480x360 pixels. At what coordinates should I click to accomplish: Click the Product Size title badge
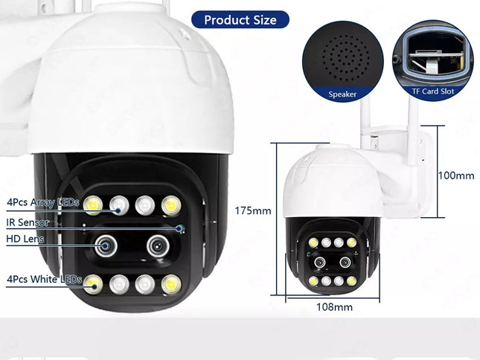(240, 19)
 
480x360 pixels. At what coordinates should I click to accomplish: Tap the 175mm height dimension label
(253, 210)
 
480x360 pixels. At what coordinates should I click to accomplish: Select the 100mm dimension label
(456, 176)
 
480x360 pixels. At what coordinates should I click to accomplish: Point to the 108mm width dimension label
(335, 306)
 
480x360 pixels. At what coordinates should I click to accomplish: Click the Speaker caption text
(343, 94)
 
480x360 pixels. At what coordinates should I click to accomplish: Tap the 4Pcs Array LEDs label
(42, 202)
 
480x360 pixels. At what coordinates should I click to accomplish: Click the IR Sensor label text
(28, 222)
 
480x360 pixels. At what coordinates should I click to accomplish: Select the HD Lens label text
(25, 240)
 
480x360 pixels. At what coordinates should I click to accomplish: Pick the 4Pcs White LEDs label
(44, 279)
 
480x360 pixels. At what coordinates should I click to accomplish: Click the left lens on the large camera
(104, 245)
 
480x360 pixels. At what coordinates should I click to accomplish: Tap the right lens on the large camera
(158, 245)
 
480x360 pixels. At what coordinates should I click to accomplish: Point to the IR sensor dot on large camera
(179, 227)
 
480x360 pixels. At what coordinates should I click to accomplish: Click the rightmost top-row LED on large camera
(171, 204)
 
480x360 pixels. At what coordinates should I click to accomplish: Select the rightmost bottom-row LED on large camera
(171, 283)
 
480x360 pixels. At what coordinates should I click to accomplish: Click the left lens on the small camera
(319, 263)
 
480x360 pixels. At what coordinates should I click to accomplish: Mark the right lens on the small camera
(345, 262)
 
